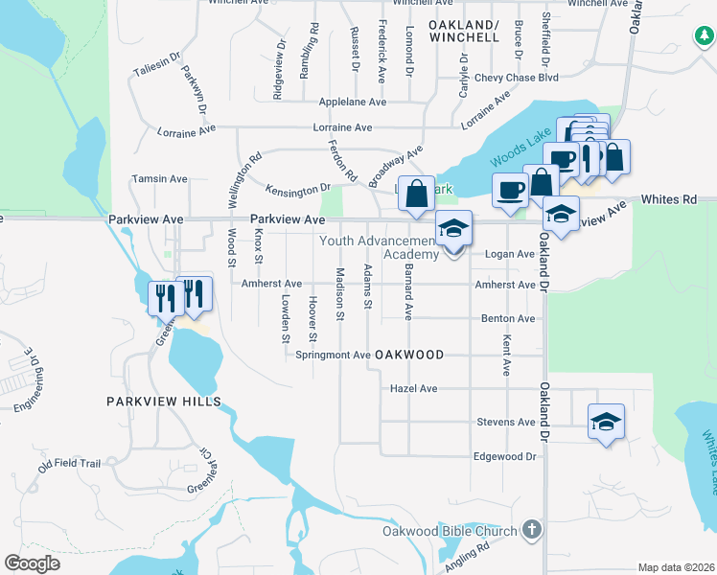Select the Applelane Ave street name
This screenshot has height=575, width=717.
tap(352, 102)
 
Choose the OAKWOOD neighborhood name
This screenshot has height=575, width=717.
tap(409, 355)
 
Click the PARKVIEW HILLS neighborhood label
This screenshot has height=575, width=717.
tap(164, 402)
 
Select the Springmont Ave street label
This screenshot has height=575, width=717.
tap(333, 355)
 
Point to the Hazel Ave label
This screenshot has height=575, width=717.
tap(414, 389)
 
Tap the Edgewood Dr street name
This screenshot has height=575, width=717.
tap(504, 456)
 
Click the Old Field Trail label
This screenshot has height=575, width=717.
tap(69, 465)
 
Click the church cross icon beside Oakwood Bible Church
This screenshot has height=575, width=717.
tap(533, 530)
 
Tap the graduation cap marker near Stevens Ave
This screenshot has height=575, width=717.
tap(605, 423)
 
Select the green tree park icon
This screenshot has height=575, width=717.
tap(705, 35)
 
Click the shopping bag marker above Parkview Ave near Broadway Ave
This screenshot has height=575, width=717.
tap(417, 194)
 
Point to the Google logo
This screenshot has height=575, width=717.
tap(32, 563)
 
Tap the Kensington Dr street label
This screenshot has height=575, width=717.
tap(297, 187)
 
